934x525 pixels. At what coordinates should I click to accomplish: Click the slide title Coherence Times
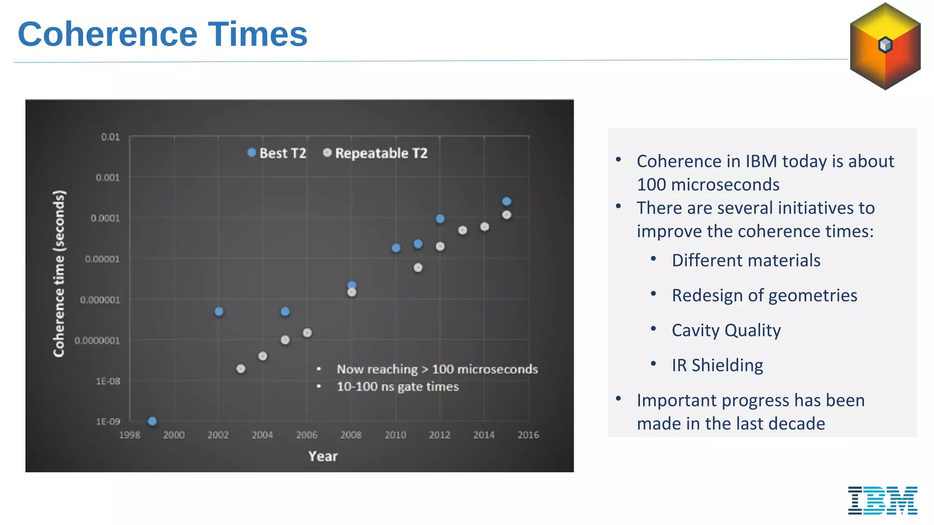[162, 35]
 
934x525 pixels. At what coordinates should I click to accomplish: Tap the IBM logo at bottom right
[882, 500]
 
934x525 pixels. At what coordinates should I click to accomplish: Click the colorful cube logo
[885, 46]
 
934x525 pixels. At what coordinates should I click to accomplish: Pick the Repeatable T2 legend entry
[375, 153]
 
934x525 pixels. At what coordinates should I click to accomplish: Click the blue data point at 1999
[152, 421]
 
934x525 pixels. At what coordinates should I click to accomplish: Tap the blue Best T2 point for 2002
[219, 312]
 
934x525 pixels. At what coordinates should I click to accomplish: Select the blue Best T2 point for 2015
[507, 201]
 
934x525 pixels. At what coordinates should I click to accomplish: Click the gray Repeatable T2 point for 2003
[241, 369]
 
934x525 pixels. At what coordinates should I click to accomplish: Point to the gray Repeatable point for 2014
[485, 226]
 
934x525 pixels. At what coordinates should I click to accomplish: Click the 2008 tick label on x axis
[351, 435]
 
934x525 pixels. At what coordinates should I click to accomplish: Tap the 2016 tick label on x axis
[528, 435]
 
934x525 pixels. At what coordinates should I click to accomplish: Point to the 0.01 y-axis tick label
[110, 137]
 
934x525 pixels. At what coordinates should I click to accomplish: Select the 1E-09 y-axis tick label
[108, 422]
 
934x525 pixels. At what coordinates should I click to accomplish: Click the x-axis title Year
[323, 456]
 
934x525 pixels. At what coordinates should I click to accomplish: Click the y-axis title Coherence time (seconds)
[59, 273]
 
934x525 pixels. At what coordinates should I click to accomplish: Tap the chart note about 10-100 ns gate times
[397, 387]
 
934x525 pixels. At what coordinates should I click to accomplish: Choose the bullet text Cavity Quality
[726, 330]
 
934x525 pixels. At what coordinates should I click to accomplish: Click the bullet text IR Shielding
[717, 365]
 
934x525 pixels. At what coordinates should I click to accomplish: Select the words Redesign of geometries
[764, 295]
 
